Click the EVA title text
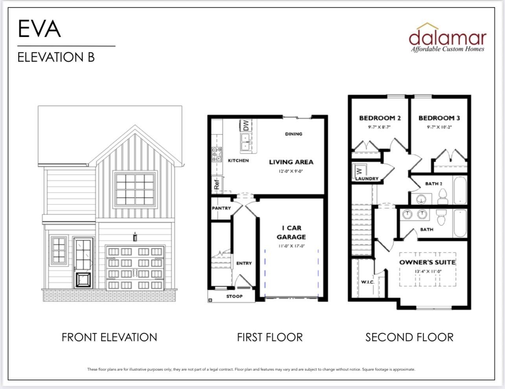[x=39, y=29]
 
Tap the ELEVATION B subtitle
[x=56, y=57]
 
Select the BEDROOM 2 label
[x=380, y=118]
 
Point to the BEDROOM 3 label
[x=439, y=118]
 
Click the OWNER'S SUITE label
[x=427, y=262]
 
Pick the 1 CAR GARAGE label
[x=291, y=232]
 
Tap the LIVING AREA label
[x=291, y=162]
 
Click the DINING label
[x=293, y=134]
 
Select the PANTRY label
[x=221, y=208]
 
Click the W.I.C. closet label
[x=368, y=282]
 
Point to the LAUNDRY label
[x=367, y=179]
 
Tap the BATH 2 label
[x=433, y=184]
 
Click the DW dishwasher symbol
[x=245, y=126]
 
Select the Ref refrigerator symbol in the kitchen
[x=217, y=184]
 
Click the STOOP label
[x=234, y=296]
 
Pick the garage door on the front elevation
[x=135, y=268]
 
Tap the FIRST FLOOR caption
[x=270, y=337]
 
